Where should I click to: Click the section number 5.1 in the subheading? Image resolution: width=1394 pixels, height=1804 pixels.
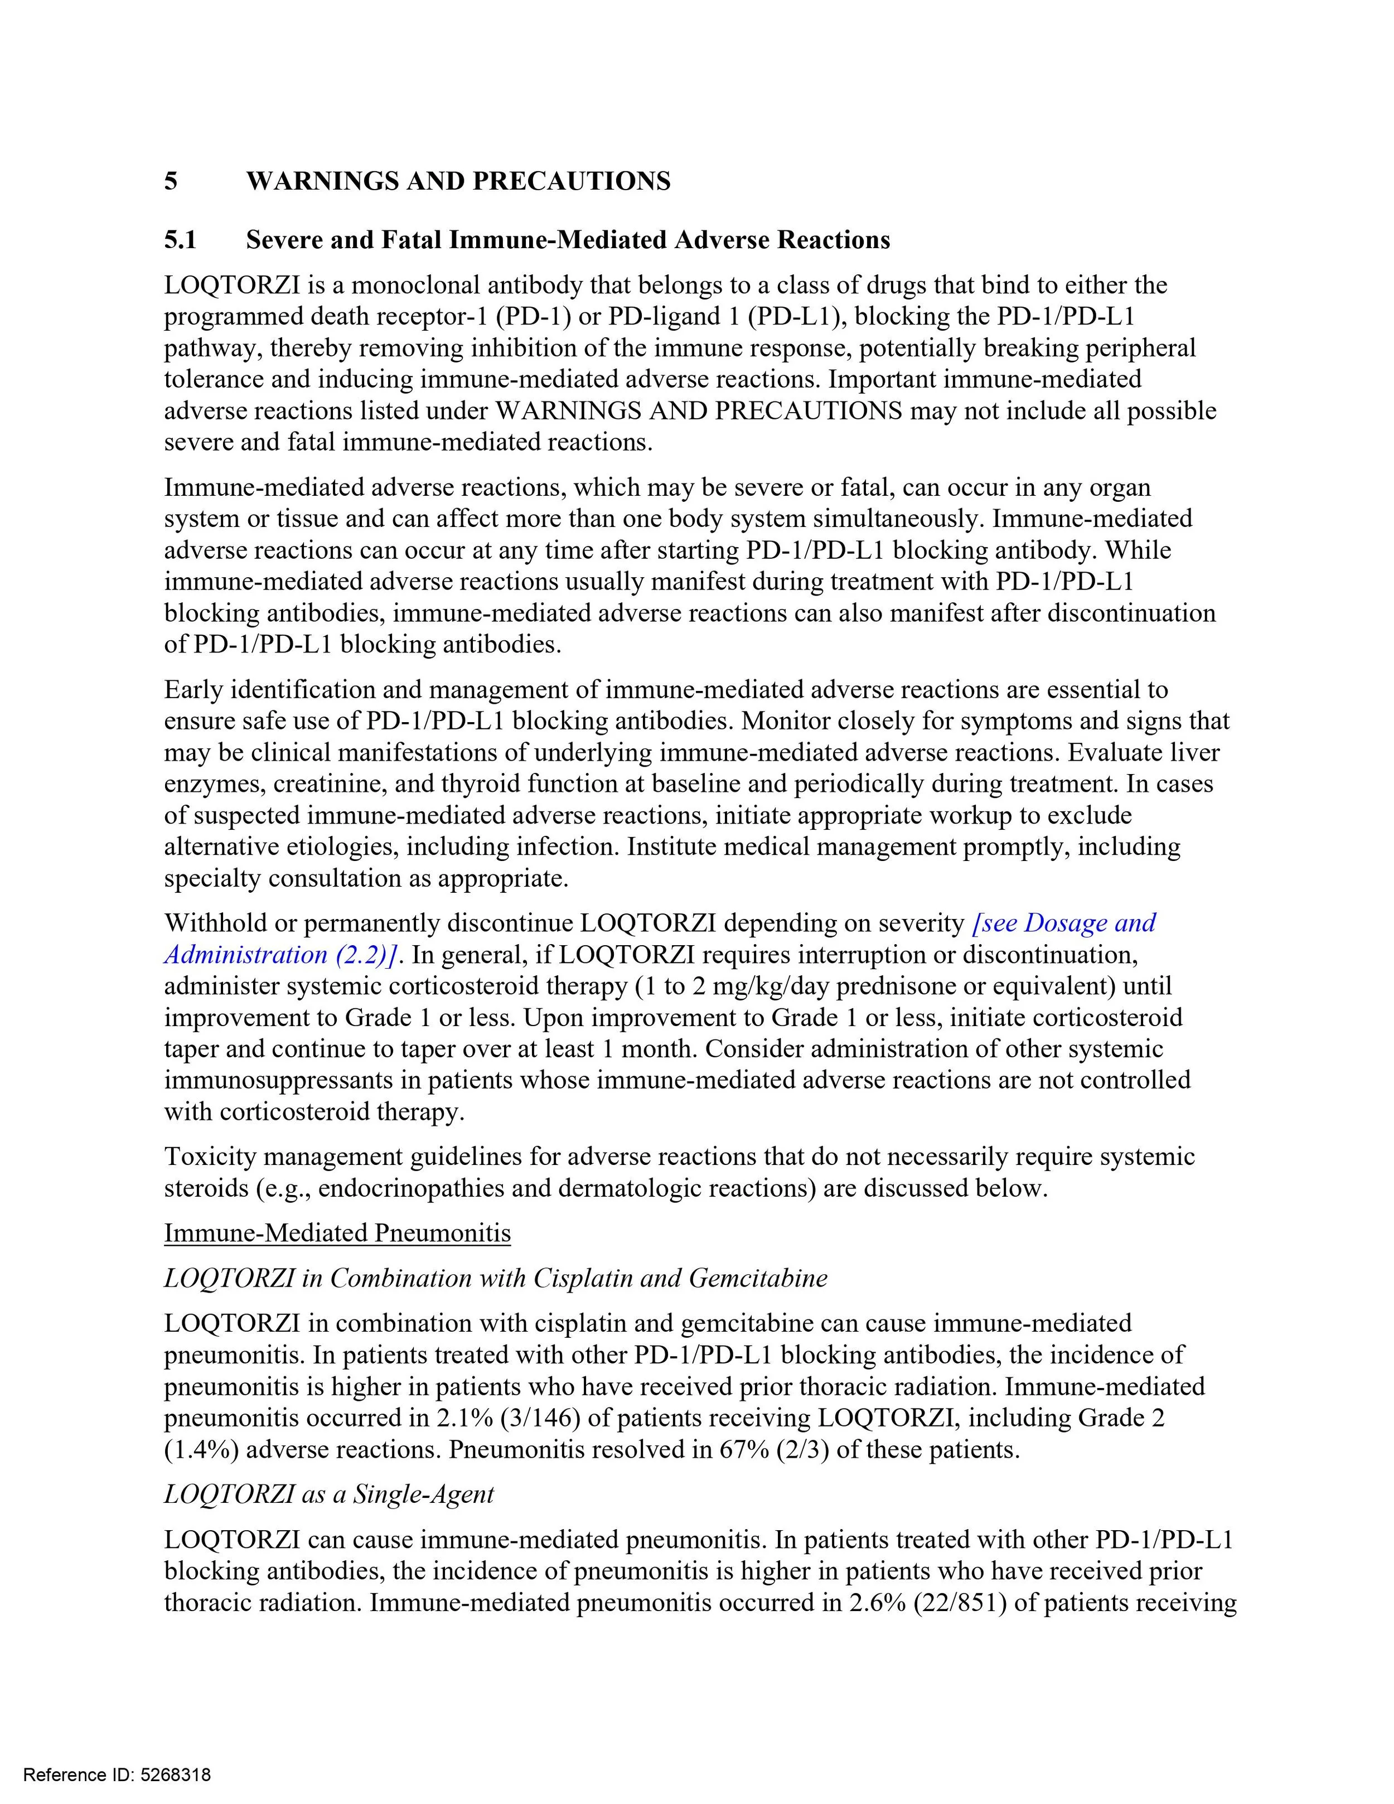180,240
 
